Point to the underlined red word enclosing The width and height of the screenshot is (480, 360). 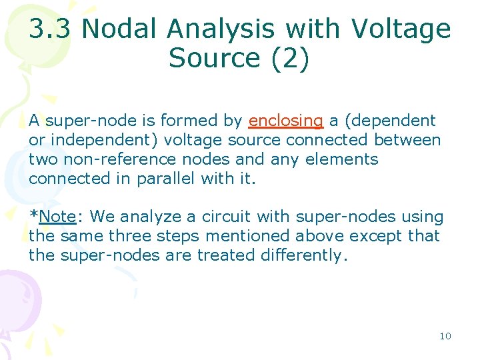click(285, 121)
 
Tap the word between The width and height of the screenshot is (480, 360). click(407, 140)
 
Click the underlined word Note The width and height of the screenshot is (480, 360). click(58, 217)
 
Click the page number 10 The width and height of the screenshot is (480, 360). click(445, 336)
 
